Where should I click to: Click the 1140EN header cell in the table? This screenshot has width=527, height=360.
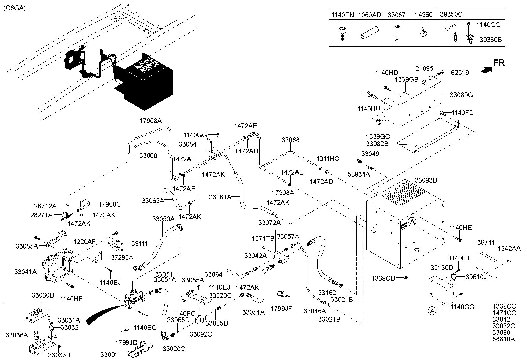pos(342,15)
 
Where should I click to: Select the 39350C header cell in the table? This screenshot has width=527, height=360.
pos(451,15)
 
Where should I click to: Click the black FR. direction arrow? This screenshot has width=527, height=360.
pos(486,70)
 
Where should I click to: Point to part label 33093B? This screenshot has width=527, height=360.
pos(426,180)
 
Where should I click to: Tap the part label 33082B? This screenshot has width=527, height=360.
pos(377,144)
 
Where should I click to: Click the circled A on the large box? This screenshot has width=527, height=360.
pos(412,221)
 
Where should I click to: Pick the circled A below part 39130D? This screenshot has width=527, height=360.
pos(432,311)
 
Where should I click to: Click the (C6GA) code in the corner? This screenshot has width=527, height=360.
pos(14,8)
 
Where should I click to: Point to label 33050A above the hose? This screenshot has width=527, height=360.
pos(163,219)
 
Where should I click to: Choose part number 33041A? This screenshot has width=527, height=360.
pos(25,271)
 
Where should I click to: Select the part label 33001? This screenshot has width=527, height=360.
pos(109,355)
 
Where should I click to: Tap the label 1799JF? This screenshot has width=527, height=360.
pos(281,309)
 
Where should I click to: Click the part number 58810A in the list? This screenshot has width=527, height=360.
pos(504,339)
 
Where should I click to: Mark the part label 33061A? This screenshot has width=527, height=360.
pos(220,197)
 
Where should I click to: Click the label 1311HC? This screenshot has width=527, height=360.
pos(327,158)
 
